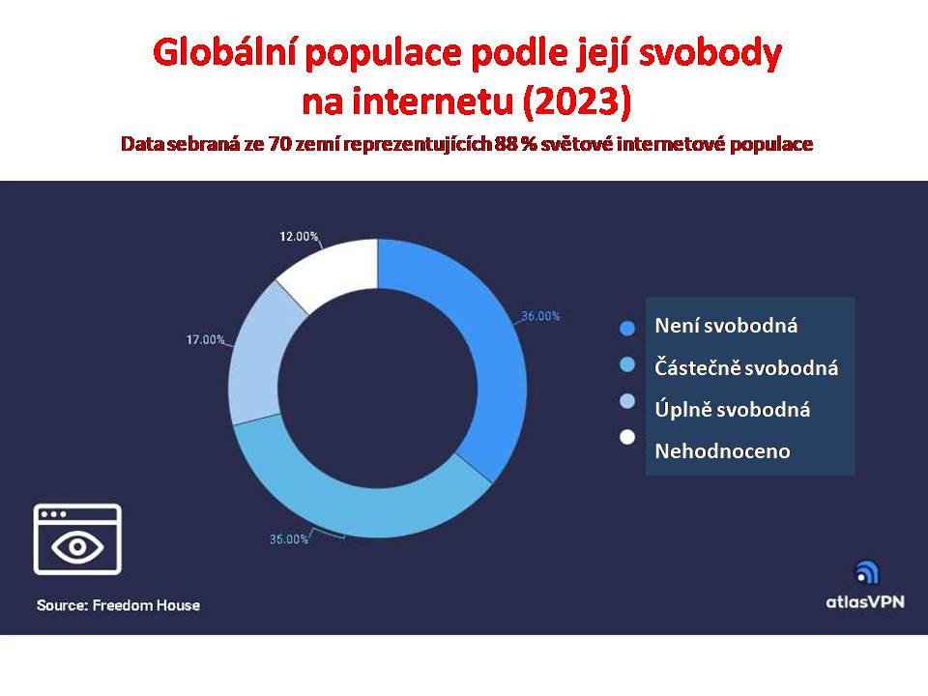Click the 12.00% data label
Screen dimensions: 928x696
click(x=299, y=237)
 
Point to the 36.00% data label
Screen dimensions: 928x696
click(x=540, y=316)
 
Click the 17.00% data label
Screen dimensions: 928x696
click(x=205, y=339)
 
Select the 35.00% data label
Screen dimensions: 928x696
click(x=289, y=539)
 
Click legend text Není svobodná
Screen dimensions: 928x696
click(x=726, y=326)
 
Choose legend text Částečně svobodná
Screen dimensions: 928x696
click(x=746, y=368)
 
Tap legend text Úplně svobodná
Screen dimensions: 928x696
click(x=732, y=410)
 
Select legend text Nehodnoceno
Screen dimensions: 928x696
click(x=722, y=451)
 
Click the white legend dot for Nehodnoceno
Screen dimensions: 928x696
click(x=627, y=437)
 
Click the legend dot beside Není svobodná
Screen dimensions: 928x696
click(x=627, y=329)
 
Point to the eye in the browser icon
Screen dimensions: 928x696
click(x=77, y=546)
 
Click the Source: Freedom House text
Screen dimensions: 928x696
click(x=118, y=605)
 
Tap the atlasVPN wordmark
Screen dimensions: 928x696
click(x=865, y=602)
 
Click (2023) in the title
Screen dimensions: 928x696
click(x=577, y=101)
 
